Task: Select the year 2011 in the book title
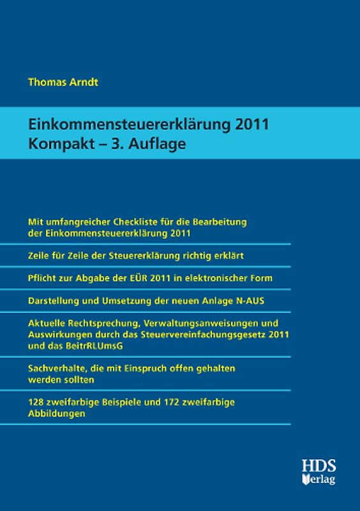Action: coord(251,125)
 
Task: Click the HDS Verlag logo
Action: coord(319,471)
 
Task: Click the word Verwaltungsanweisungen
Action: coord(213,323)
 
